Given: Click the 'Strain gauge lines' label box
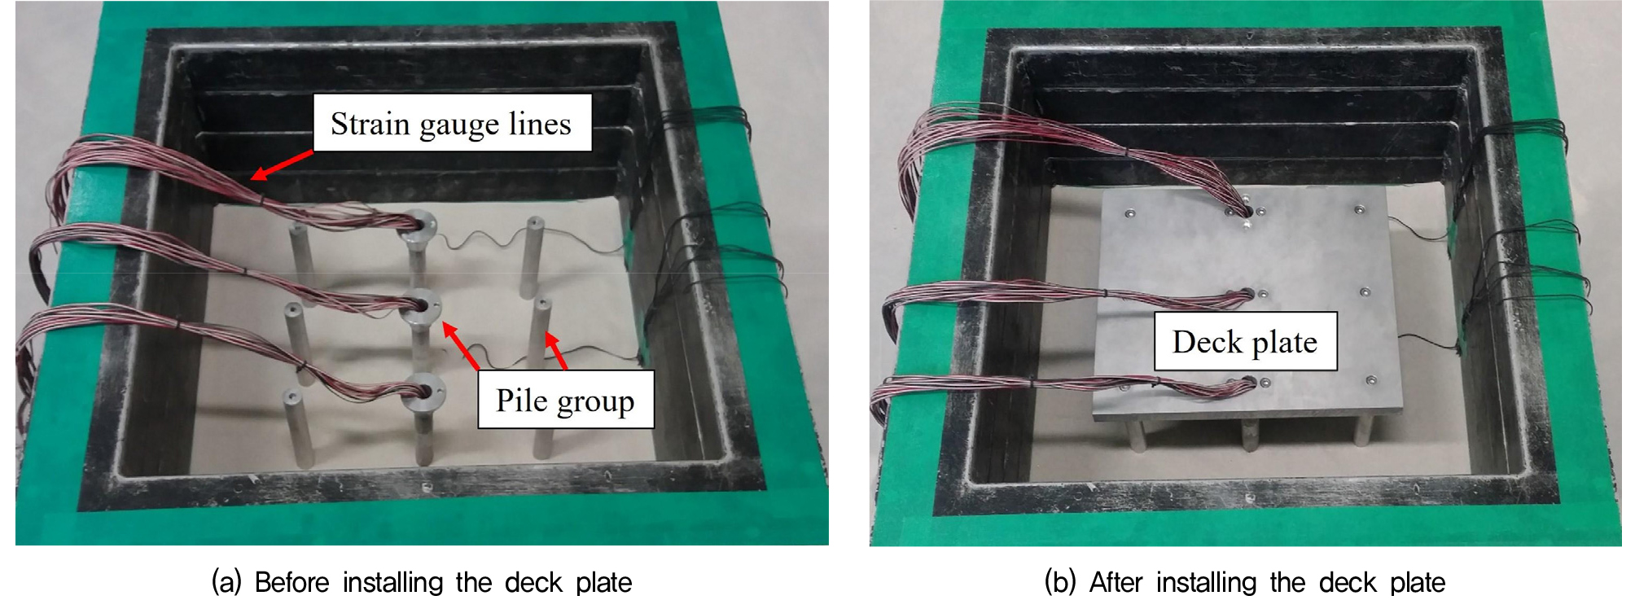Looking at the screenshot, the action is point(453,123).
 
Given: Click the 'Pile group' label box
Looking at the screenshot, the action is point(565,400).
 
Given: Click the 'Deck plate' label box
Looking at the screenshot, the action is point(1245,341).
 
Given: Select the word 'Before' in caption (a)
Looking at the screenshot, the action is point(292,582).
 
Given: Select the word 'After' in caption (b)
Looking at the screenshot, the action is point(1117,582).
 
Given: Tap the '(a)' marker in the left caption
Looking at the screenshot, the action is point(226,582).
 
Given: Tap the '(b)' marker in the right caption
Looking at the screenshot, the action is point(1060,582).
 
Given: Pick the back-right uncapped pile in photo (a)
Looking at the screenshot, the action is point(534,255).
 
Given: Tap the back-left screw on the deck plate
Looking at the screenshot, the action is point(1129,213).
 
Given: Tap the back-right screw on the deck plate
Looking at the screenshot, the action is point(1359,210).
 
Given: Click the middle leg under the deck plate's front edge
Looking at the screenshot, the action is point(1246,434).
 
